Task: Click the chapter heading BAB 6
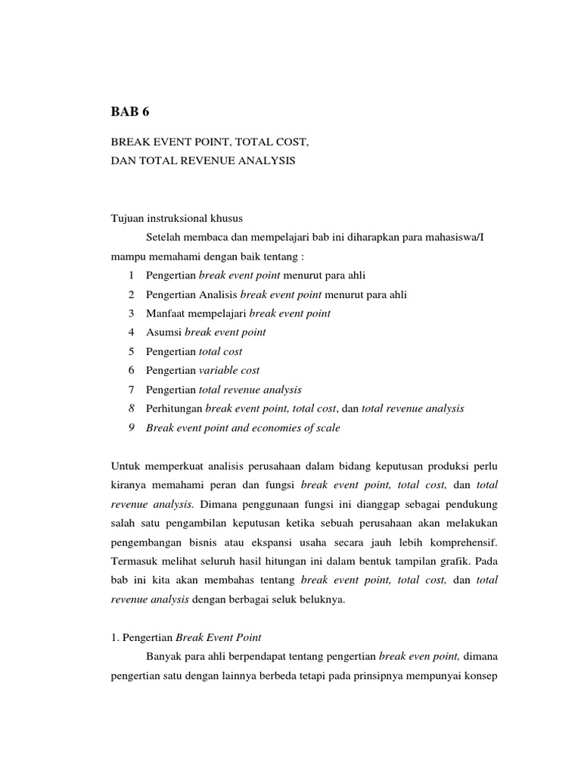point(131,111)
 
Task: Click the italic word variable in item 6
point(218,370)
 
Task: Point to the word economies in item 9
point(286,428)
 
